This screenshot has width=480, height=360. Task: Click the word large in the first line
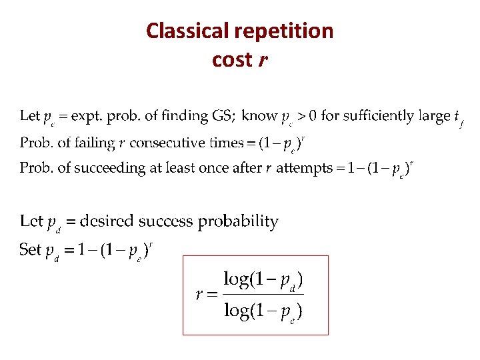433,116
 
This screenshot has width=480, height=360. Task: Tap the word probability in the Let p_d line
238,221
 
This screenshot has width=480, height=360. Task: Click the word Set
31,250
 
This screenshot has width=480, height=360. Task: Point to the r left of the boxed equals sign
199,295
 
